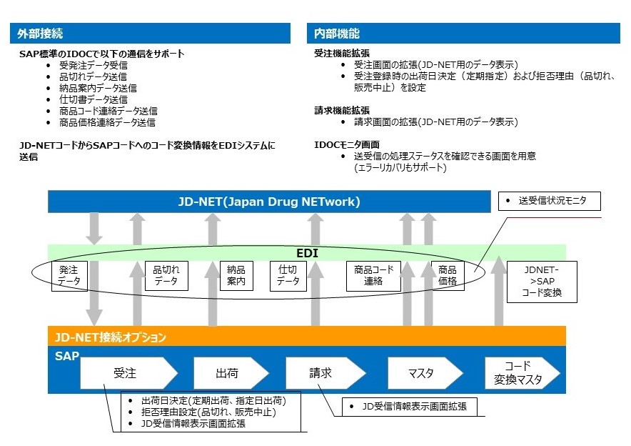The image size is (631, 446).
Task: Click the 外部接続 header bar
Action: (x=151, y=34)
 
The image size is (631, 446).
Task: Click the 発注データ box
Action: (x=69, y=276)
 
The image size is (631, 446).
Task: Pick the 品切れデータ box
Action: (x=167, y=276)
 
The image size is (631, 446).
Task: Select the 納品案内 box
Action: (x=236, y=276)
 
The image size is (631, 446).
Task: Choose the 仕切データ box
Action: (x=288, y=276)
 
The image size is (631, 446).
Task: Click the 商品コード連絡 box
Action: (x=373, y=276)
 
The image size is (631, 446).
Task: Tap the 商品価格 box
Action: (x=448, y=276)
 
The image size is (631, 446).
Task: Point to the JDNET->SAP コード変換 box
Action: (x=542, y=281)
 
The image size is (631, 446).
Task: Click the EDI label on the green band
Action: (x=307, y=253)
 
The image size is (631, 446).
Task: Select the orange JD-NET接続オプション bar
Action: (x=307, y=337)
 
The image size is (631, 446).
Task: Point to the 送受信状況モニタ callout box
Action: (x=550, y=202)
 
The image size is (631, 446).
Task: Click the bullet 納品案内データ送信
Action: (x=98, y=88)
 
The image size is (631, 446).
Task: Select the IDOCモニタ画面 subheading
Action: (x=344, y=144)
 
